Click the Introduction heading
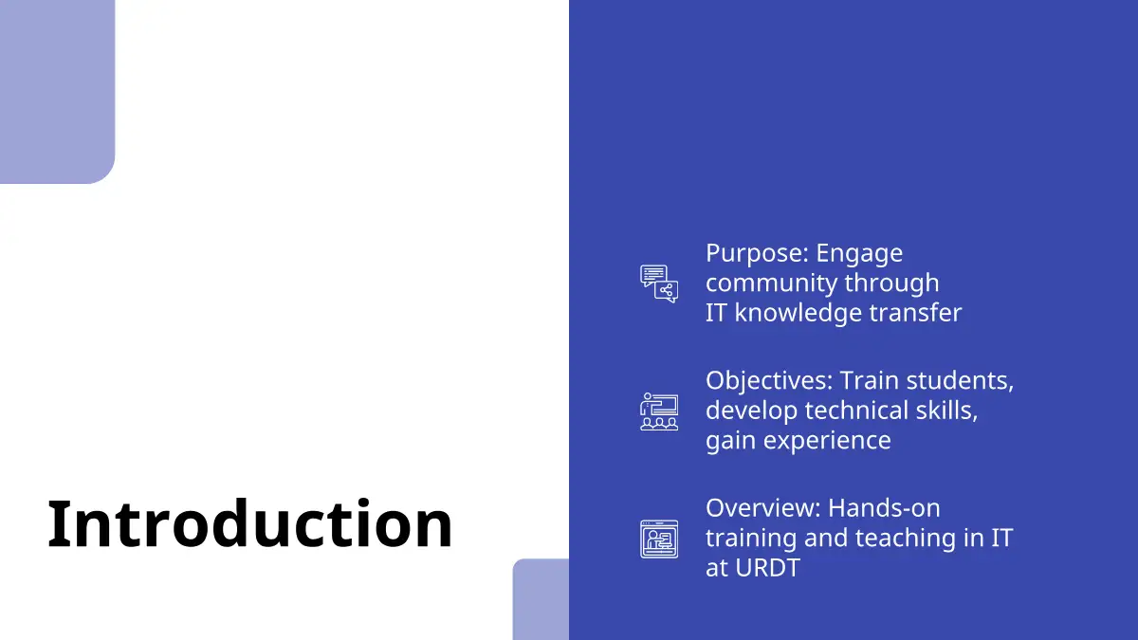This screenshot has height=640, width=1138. [249, 523]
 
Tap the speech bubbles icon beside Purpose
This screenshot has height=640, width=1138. [659, 283]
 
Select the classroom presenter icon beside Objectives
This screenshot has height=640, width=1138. [659, 411]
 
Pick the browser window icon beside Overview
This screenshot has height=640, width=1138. [659, 539]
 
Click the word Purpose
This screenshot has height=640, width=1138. [753, 253]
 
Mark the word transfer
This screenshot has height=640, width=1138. [915, 313]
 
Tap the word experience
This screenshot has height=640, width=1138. [827, 441]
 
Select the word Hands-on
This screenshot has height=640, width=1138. [884, 508]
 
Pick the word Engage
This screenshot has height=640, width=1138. [859, 254]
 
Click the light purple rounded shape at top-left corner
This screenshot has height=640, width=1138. [57, 91]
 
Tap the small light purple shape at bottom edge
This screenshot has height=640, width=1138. [541, 599]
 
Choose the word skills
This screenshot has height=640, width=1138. [946, 411]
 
